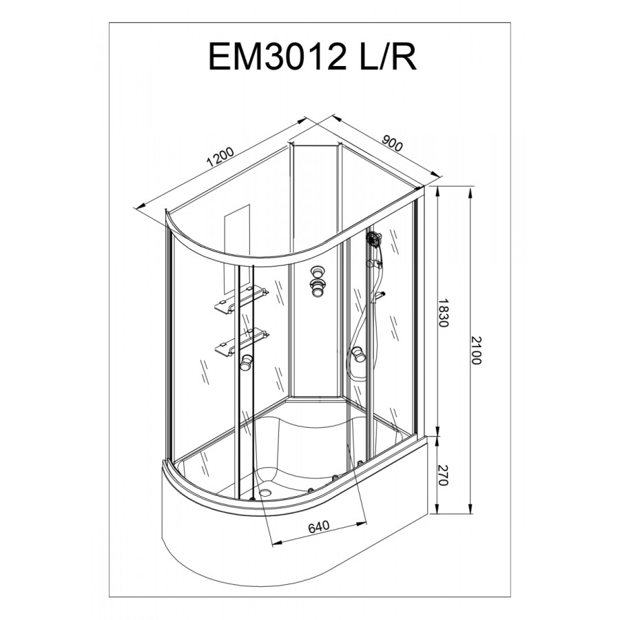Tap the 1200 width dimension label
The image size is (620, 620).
click(x=220, y=157)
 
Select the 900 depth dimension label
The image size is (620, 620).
click(x=392, y=143)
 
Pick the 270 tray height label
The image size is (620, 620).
click(x=443, y=475)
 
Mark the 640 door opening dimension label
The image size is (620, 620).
click(x=319, y=527)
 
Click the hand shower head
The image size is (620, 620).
click(x=373, y=238)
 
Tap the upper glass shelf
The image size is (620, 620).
click(x=241, y=298)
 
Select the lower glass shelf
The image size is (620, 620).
click(x=242, y=340)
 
